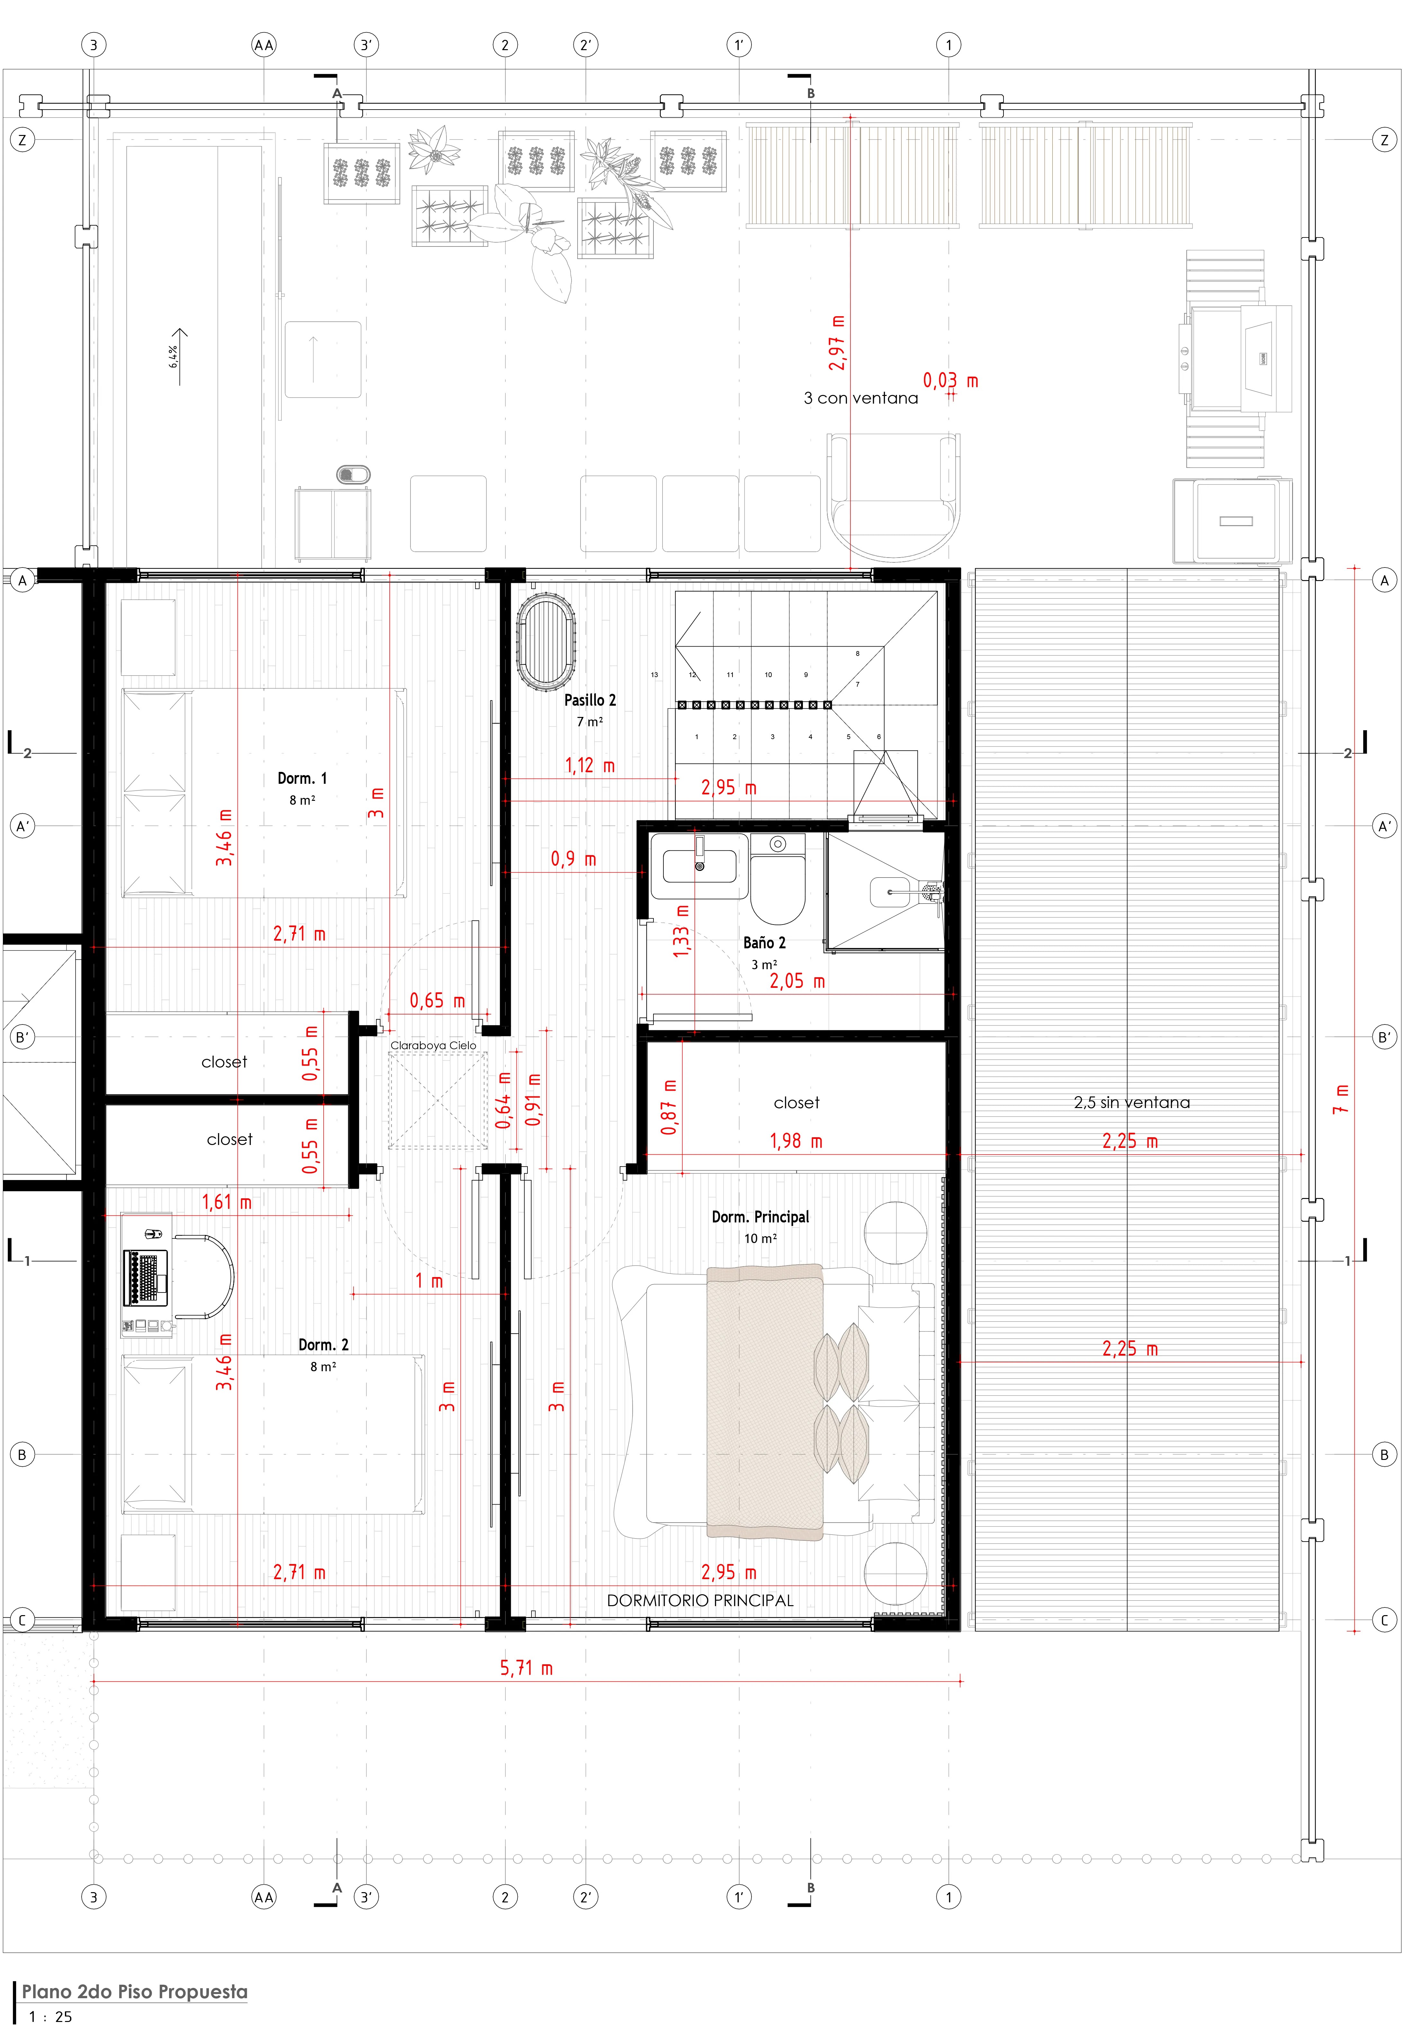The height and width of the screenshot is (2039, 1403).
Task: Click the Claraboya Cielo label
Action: [x=433, y=1045]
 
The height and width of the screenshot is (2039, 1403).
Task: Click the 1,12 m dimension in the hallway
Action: [x=590, y=765]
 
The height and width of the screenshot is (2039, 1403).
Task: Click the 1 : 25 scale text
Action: [x=50, y=2017]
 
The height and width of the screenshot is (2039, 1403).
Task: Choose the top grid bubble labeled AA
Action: [x=264, y=45]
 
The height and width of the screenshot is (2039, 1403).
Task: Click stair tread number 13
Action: [x=654, y=675]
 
